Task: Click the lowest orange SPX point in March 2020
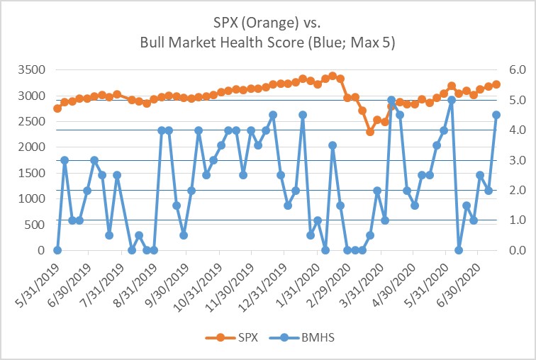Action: [x=369, y=132]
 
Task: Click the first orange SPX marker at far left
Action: [x=57, y=108]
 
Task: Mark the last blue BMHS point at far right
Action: [x=496, y=115]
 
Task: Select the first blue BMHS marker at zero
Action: [x=57, y=250]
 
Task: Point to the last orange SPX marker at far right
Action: [x=496, y=84]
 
